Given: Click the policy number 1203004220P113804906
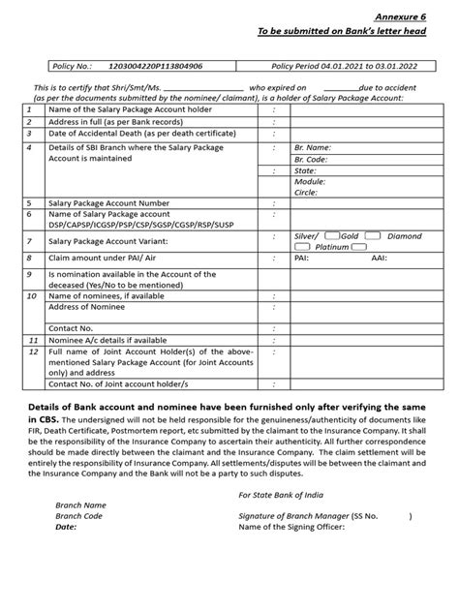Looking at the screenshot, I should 157,66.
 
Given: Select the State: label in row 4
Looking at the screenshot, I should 304,170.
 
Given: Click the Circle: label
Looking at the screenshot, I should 307,193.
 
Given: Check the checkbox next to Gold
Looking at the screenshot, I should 332,236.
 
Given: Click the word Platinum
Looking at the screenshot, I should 331,247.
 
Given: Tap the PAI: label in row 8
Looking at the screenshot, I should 302,260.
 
